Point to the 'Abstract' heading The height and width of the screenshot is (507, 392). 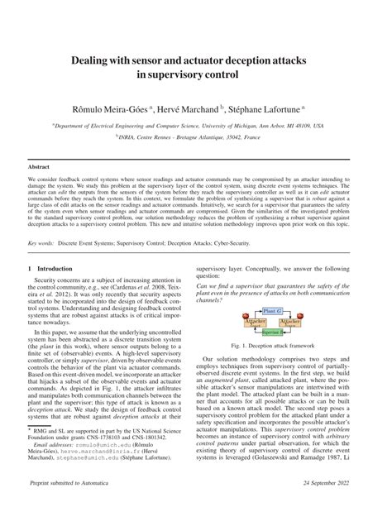coord(41,165)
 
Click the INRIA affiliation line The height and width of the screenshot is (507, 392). coord(195,140)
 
